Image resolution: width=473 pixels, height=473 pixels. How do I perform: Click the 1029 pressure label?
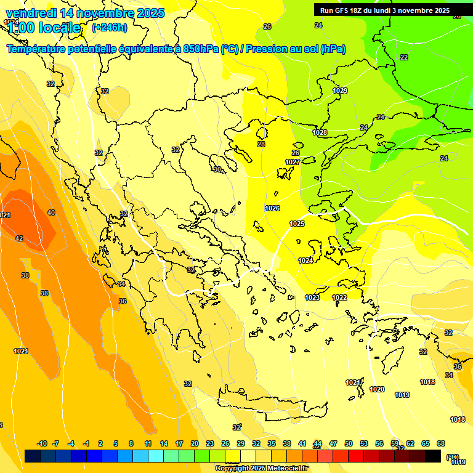coord(340,91)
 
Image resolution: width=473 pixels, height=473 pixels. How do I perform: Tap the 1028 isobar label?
coord(320,132)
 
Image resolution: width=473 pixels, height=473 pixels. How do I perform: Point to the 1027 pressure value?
coord(293,162)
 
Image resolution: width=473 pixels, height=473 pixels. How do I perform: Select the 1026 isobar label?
coord(272,208)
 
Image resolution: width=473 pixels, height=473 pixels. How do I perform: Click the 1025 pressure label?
coord(297,224)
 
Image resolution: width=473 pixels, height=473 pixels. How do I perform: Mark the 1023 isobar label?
coord(312,297)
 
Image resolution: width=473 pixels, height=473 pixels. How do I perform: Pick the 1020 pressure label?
coord(377,389)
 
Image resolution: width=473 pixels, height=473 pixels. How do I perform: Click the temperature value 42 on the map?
coord(19,238)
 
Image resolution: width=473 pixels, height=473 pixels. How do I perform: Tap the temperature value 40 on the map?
coord(51,212)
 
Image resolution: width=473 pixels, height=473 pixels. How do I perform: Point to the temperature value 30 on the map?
coord(217,169)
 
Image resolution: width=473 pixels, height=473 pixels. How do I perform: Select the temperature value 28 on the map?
coord(261,144)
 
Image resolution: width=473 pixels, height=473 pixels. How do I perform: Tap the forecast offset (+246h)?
coord(110,27)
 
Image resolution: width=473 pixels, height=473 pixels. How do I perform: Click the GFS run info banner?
coord(384,10)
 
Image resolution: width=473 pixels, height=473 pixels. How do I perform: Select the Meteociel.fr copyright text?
coord(262,468)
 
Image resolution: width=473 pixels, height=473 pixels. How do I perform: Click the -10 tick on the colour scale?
coord(42,443)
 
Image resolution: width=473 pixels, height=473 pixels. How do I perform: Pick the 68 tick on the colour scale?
coord(441,443)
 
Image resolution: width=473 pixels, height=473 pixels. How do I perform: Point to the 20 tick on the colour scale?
coord(195,443)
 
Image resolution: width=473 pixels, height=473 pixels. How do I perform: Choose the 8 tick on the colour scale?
coord(131,443)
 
